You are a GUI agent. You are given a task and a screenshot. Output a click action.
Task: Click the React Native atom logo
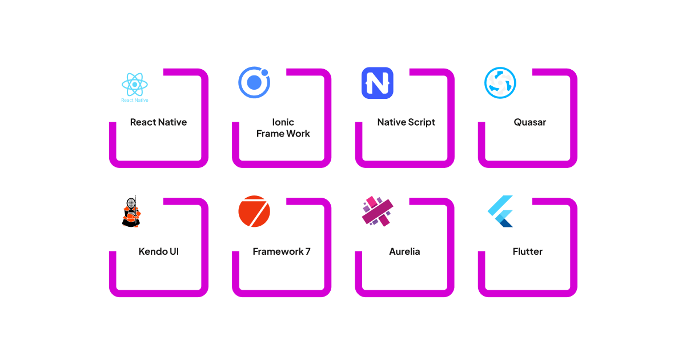[x=135, y=85]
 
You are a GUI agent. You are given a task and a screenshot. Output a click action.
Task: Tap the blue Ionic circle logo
[x=254, y=83]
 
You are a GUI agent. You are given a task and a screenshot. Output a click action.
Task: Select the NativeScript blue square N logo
[x=377, y=83]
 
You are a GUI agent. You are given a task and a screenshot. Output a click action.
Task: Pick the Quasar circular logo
[x=500, y=83]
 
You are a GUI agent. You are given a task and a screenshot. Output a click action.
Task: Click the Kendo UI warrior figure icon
[x=131, y=212]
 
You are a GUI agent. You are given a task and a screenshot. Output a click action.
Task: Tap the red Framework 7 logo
[x=254, y=211]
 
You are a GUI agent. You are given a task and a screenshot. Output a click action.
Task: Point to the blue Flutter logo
[x=501, y=211]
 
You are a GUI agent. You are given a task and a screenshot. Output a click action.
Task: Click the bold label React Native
[x=158, y=122]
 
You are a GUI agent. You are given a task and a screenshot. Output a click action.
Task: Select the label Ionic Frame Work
[x=283, y=128]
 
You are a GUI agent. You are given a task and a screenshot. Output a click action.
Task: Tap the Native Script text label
[x=406, y=122]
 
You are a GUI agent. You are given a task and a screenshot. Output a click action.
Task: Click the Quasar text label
[x=529, y=122]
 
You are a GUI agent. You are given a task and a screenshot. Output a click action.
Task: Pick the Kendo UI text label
[x=158, y=251]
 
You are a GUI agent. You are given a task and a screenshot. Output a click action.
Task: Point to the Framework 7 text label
[x=282, y=251]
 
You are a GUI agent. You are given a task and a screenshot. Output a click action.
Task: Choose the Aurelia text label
[x=404, y=251]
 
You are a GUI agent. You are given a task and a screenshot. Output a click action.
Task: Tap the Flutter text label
[x=527, y=251]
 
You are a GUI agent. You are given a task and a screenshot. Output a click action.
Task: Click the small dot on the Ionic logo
[x=265, y=72]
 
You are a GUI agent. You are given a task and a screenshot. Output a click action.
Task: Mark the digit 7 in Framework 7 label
[x=307, y=251]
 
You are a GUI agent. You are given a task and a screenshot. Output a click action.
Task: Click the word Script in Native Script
[x=422, y=122]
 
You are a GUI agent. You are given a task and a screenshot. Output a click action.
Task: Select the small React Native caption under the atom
[x=135, y=100]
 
